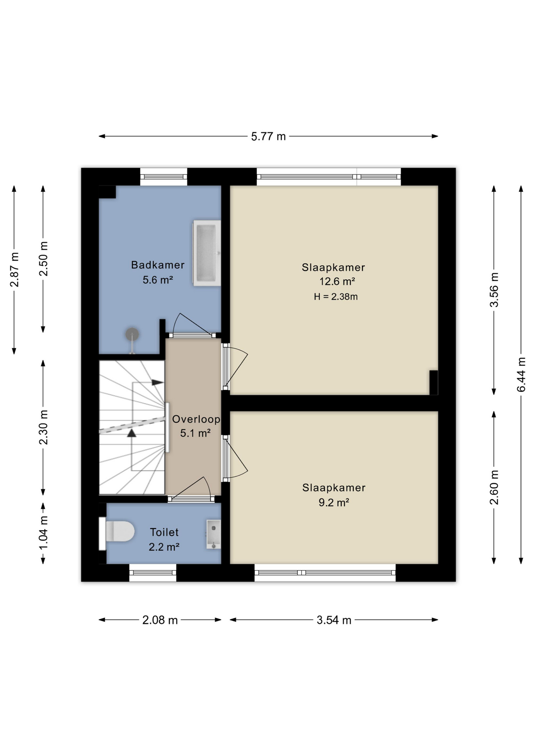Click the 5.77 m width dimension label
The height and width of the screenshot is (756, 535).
click(268, 136)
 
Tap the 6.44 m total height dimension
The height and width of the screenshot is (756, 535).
click(521, 374)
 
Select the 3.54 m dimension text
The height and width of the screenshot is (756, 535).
click(334, 620)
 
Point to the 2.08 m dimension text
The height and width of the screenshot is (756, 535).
click(160, 620)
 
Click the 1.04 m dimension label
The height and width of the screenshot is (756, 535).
click(43, 533)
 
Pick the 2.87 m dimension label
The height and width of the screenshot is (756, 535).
click(14, 270)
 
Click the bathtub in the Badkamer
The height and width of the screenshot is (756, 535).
click(206, 253)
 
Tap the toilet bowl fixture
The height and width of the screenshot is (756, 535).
click(117, 532)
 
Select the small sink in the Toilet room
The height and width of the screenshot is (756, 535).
click(214, 534)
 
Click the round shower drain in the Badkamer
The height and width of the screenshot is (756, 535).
click(132, 335)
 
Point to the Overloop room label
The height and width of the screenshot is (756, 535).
click(196, 419)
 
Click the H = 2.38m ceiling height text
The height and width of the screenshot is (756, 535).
click(336, 297)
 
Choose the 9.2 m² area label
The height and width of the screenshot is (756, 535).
click(334, 502)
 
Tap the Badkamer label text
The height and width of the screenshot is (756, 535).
click(158, 265)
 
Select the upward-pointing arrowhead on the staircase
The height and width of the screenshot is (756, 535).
click(132, 433)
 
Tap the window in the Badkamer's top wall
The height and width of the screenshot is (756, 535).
click(163, 177)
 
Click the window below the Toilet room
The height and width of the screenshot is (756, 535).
click(152, 573)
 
